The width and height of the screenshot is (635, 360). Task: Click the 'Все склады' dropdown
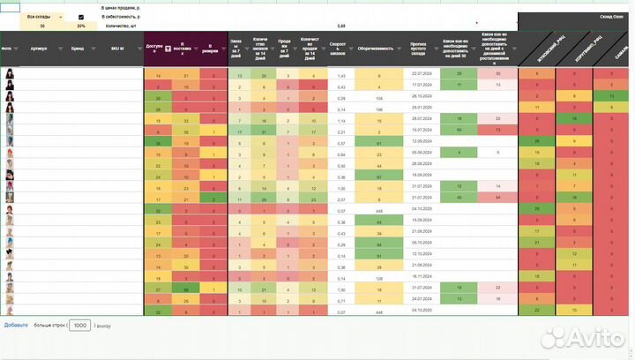[x=43, y=17]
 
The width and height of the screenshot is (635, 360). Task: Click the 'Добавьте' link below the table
[x=16, y=325]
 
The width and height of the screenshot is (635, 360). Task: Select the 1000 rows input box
[x=80, y=325]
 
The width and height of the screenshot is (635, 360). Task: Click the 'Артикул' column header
[x=38, y=49]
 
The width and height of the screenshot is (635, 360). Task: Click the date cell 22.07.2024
[x=419, y=73]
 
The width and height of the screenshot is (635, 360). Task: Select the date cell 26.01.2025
[x=419, y=109]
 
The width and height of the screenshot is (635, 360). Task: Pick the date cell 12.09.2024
[x=419, y=141]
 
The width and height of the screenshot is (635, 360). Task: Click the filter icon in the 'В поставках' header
[x=169, y=50]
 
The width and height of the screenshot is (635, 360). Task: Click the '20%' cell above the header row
[x=81, y=26]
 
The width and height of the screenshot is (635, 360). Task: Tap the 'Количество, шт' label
[x=120, y=26]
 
